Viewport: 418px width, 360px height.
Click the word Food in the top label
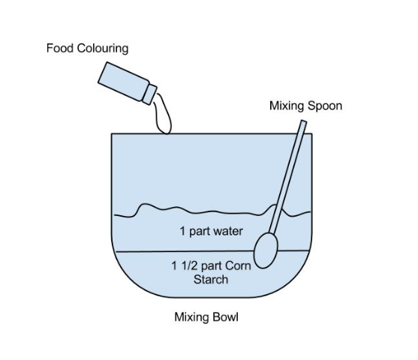pyautogui.click(x=60, y=48)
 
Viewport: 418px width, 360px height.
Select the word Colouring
pyautogui.click(x=103, y=49)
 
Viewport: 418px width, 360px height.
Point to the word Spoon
pyautogui.click(x=325, y=106)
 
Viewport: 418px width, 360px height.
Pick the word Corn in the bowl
pyautogui.click(x=238, y=265)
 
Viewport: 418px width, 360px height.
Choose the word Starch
pyautogui.click(x=211, y=280)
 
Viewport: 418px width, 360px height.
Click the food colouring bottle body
pyautogui.click(x=123, y=81)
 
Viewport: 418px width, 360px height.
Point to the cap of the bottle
pyautogui.click(x=149, y=94)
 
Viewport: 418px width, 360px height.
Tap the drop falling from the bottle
pyautogui.click(x=163, y=115)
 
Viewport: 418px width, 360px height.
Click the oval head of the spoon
pyautogui.click(x=266, y=250)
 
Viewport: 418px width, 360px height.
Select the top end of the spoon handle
pyautogui.click(x=304, y=121)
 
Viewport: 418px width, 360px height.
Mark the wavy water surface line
pyautogui.click(x=212, y=211)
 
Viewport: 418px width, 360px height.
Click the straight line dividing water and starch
pyautogui.click(x=212, y=251)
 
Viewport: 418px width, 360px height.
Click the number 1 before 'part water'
pyautogui.click(x=182, y=231)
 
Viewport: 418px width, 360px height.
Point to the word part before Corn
pyautogui.click(x=212, y=266)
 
